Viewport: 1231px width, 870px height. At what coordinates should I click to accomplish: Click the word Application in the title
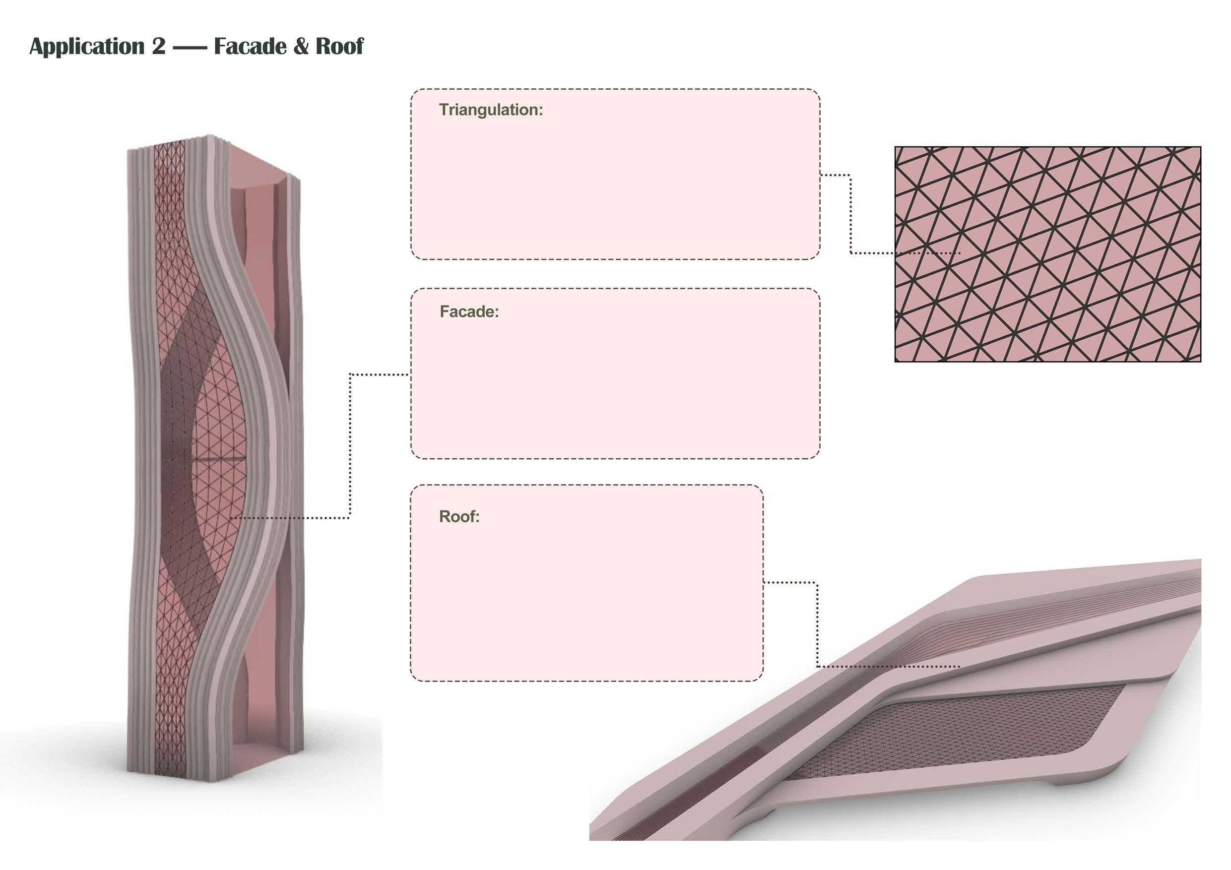87,47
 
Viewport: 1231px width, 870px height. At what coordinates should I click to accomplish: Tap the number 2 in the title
159,47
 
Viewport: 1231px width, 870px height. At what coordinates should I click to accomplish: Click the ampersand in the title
301,47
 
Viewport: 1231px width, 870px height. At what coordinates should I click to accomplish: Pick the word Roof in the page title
339,47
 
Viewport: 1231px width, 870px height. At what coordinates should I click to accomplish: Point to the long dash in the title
190,48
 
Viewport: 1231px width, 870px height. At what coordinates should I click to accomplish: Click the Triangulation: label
491,110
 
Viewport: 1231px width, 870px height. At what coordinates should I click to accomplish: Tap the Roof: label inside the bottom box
459,517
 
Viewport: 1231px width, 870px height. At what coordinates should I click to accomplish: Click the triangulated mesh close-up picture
1047,254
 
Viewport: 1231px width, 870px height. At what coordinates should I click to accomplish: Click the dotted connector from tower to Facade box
350,445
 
